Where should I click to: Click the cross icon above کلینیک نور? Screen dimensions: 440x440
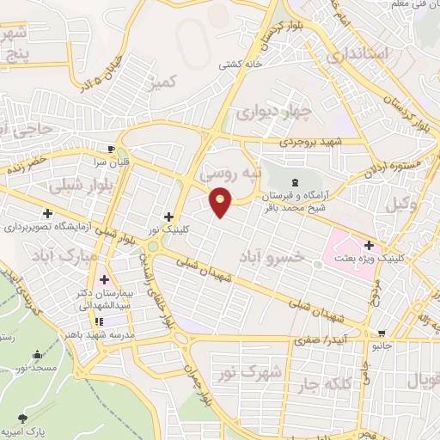pyautogui.click(x=168, y=217)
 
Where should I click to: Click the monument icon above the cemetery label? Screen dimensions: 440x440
pyautogui.click(x=296, y=181)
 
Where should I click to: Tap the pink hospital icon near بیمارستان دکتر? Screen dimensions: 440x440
pyautogui.click(x=104, y=279)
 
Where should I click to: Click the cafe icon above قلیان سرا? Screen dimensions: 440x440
pyautogui.click(x=109, y=146)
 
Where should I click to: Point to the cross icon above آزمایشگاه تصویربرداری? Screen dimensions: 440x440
pyautogui.click(x=48, y=213)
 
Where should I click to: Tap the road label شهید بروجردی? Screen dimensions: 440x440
pyautogui.click(x=311, y=141)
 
